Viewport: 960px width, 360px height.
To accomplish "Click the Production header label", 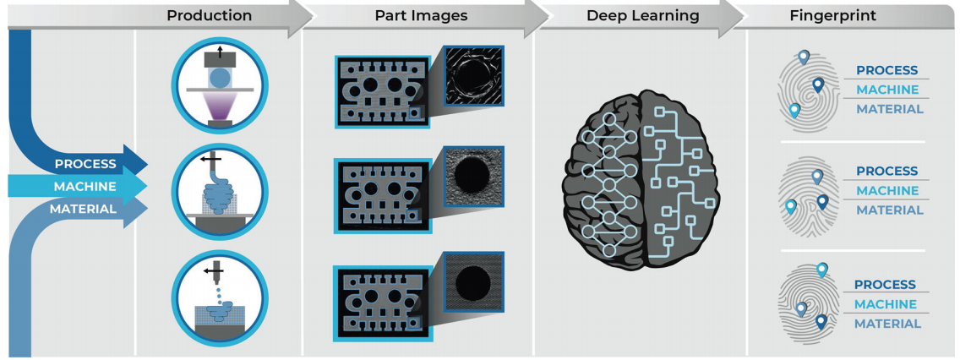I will click(x=209, y=15).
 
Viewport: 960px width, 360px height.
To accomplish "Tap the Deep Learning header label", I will click(x=644, y=15).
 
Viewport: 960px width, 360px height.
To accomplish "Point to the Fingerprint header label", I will click(x=832, y=15).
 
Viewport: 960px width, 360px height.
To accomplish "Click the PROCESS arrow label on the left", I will click(x=85, y=163).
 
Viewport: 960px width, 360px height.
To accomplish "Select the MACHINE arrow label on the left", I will click(x=85, y=186).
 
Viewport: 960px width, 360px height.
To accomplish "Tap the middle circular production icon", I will click(x=219, y=191).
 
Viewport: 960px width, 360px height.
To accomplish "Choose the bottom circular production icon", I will click(x=219, y=298).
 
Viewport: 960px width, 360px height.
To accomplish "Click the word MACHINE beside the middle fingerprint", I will click(x=886, y=191).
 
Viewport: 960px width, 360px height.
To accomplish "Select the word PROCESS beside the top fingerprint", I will click(x=886, y=70).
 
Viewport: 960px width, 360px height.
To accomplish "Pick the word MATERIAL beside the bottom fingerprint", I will click(x=886, y=324).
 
